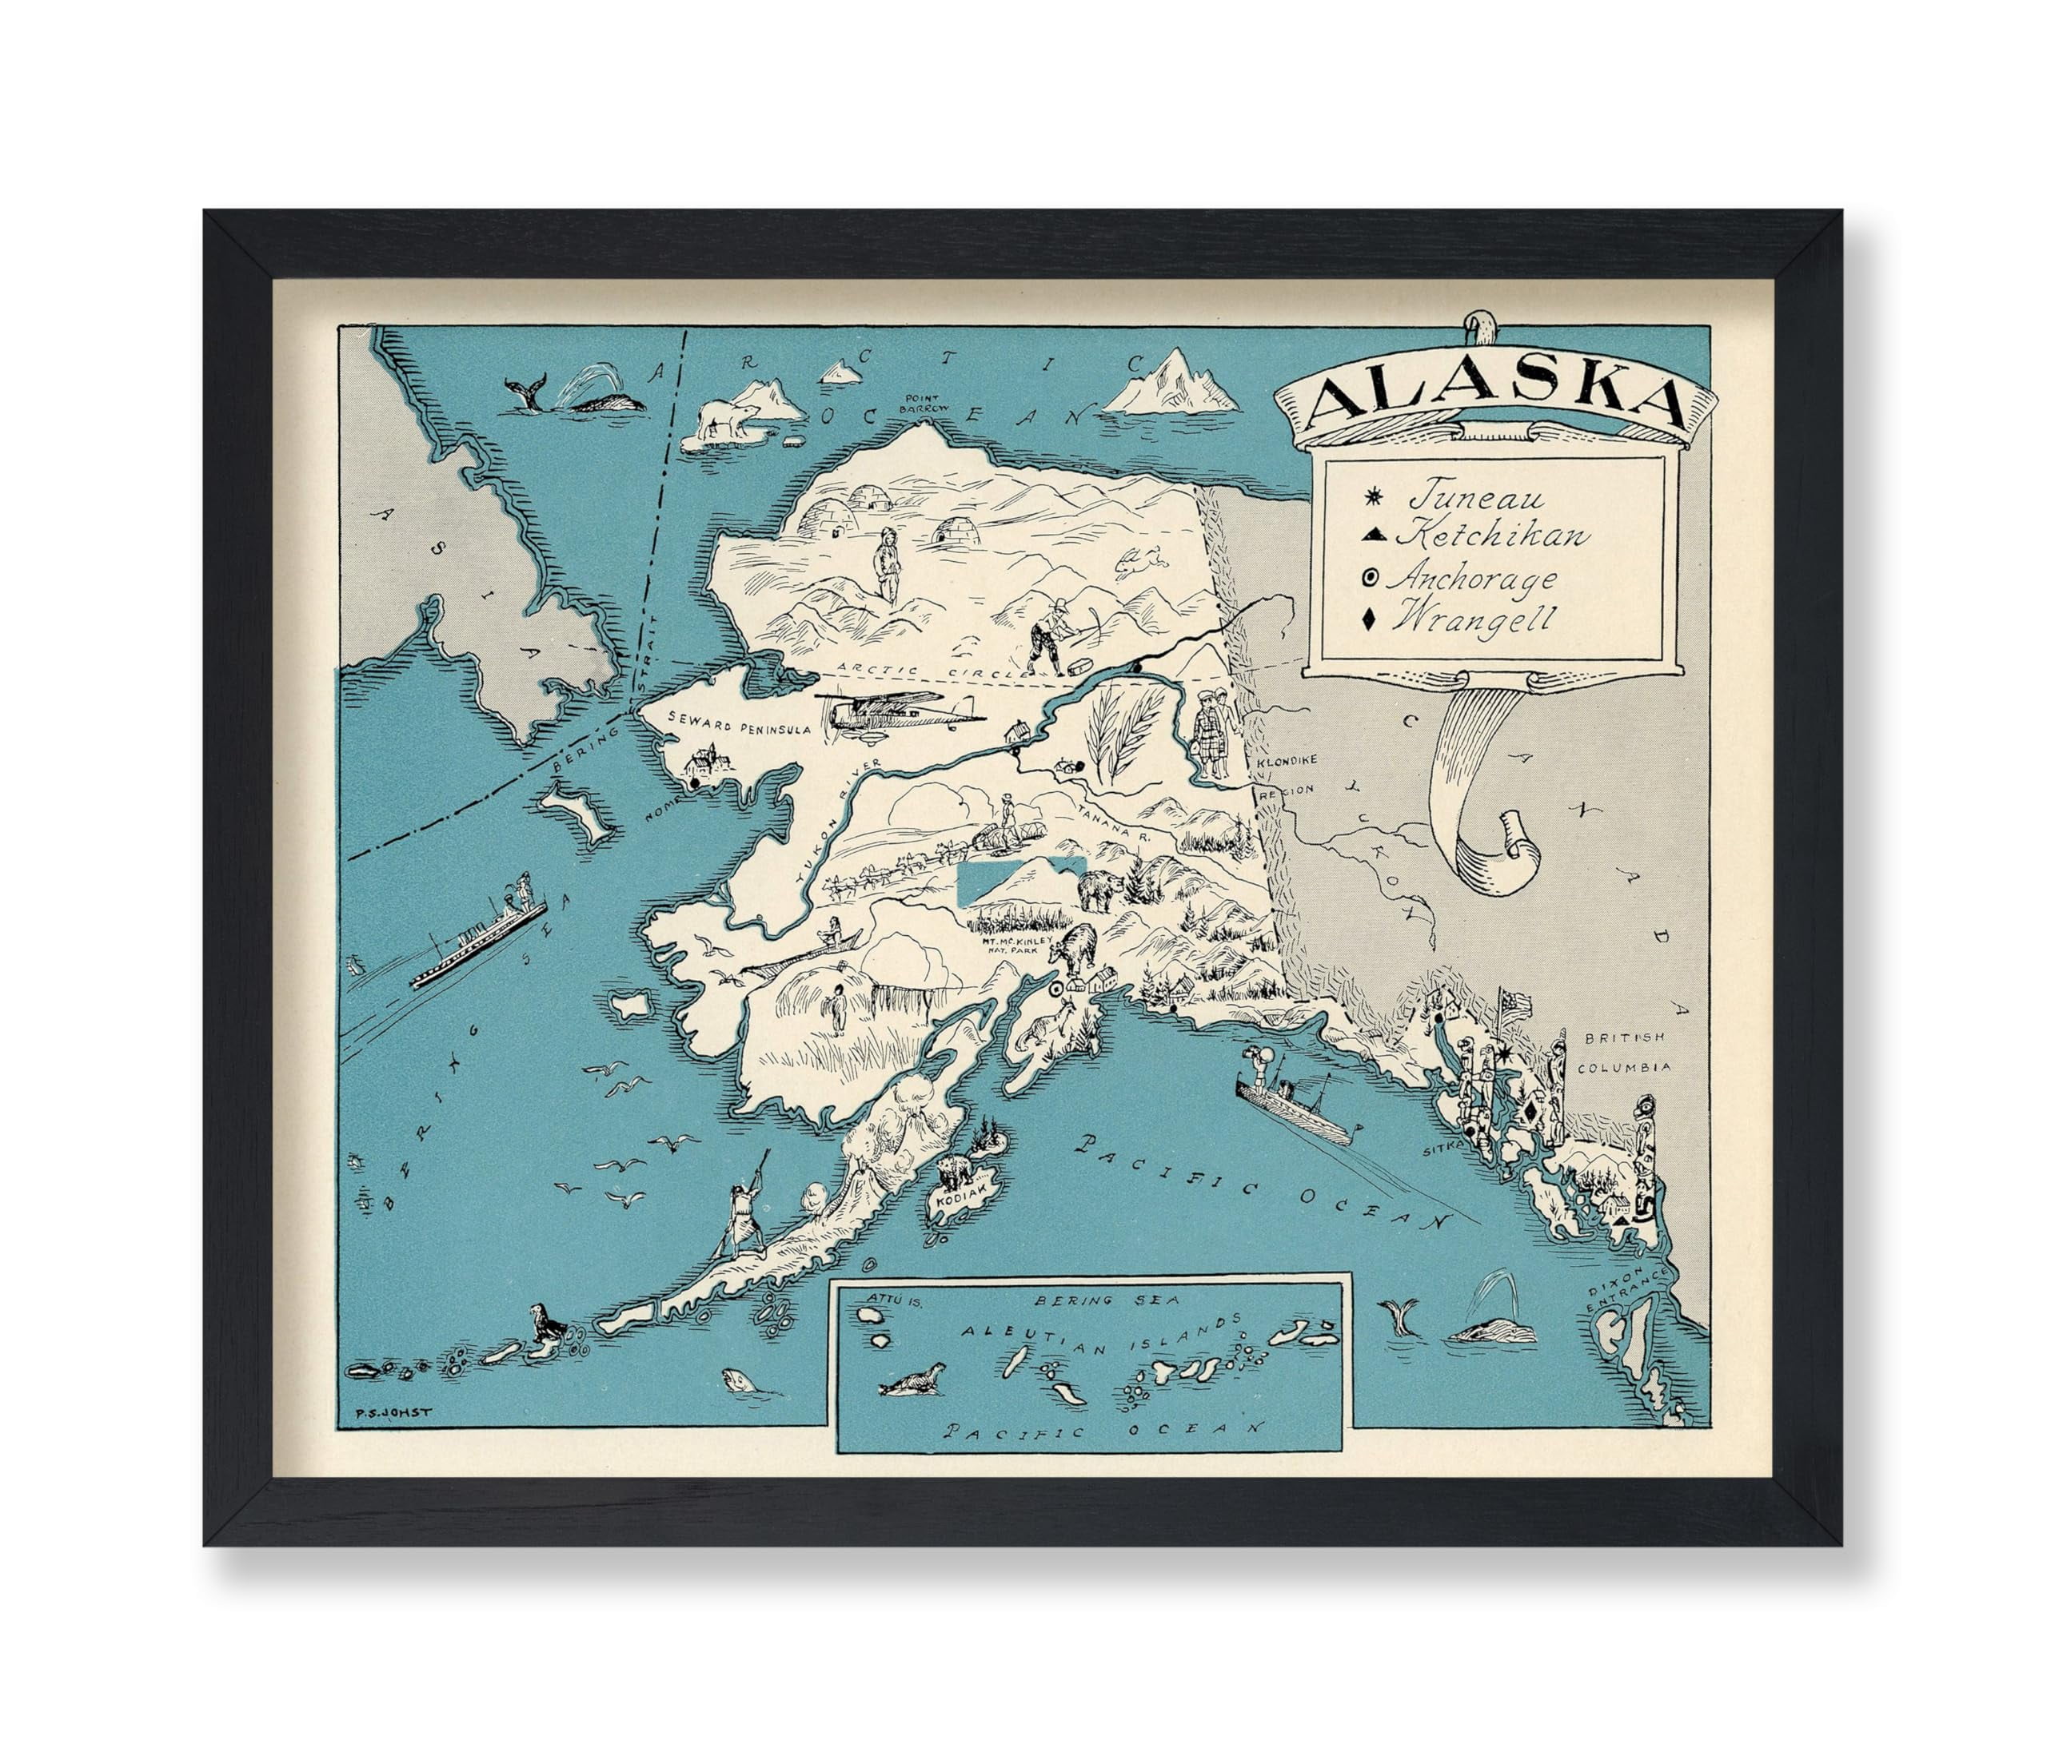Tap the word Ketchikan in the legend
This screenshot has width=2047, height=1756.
coord(1490,536)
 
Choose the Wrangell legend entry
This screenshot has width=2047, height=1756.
coord(1473,620)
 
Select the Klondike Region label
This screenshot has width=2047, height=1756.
coord(1284,775)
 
